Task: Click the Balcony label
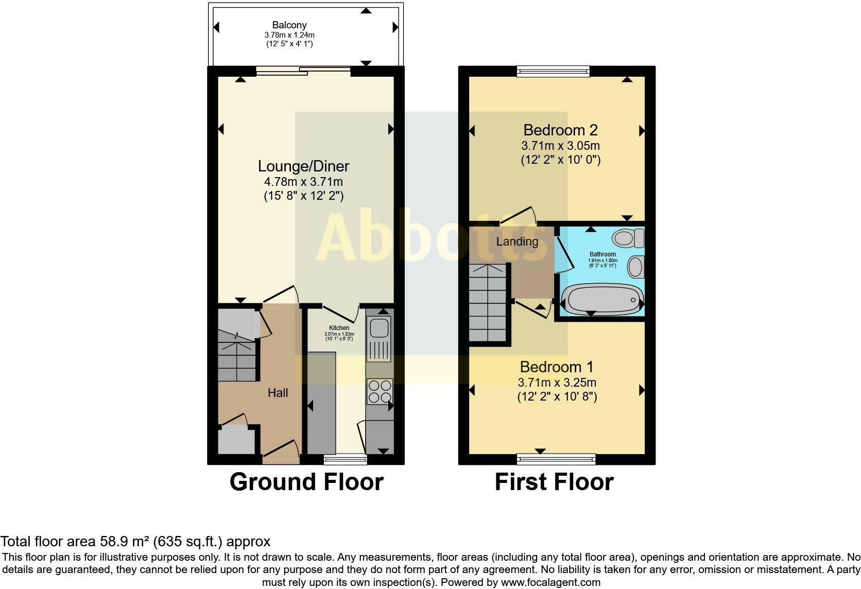289,25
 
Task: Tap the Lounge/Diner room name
303,166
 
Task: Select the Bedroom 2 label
560,130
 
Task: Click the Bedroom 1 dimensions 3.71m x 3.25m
557,383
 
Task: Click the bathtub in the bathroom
601,300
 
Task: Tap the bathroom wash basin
636,267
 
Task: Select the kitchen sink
379,327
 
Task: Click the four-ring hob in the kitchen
380,391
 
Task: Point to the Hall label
278,393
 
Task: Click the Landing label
517,241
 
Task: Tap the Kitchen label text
339,328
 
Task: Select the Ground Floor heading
306,482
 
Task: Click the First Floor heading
554,482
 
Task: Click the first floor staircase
489,304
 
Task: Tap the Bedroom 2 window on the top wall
553,71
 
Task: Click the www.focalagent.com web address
550,582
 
